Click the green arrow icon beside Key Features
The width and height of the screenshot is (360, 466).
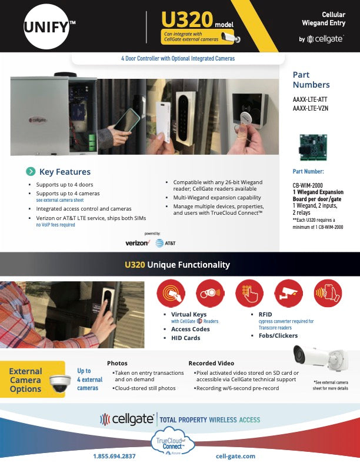(x=30, y=172)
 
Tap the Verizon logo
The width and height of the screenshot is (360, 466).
(x=138, y=242)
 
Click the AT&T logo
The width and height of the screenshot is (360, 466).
(x=165, y=242)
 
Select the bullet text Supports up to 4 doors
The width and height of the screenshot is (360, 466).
(x=65, y=185)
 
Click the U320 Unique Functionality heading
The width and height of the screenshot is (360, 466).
(x=177, y=265)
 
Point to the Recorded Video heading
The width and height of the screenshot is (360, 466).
(x=211, y=363)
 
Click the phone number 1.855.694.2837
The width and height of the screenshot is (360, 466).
(x=114, y=456)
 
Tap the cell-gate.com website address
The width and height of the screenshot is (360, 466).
(x=235, y=456)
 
